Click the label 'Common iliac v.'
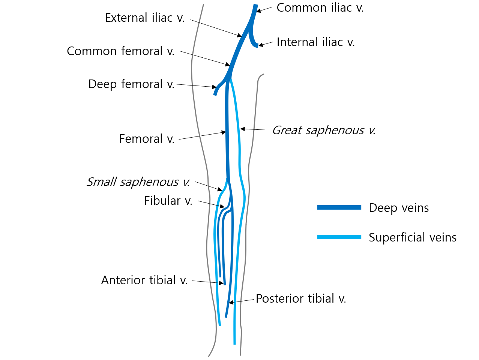320,8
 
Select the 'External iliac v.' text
145,18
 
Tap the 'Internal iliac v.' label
315,42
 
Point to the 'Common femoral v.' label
121,51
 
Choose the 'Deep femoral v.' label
131,84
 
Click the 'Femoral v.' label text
147,139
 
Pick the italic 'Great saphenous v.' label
323,130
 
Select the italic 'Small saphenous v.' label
138,182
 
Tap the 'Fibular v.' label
168,201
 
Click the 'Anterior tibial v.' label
144,280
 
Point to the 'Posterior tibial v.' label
301,298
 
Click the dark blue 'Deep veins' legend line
339,207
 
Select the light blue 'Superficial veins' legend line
339,237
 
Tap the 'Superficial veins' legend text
413,237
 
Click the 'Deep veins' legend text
399,208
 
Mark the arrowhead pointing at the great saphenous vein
243,129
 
